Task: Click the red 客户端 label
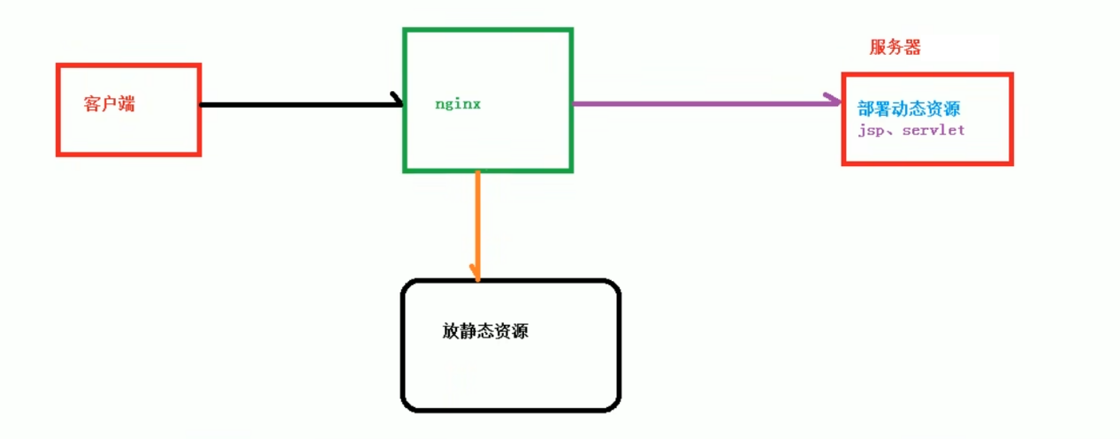110,103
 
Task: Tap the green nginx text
457,103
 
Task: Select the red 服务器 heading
895,48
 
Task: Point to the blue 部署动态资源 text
909,110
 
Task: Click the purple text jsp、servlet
910,130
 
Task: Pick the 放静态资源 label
485,332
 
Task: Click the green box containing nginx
488,53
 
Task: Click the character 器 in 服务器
912,48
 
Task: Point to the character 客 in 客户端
93,103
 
